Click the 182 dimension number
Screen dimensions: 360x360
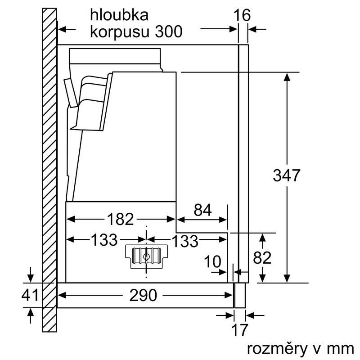point(121,219)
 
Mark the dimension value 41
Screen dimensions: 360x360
point(30,296)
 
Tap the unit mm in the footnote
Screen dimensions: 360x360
point(341,349)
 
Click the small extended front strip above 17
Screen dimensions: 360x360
point(239,295)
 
